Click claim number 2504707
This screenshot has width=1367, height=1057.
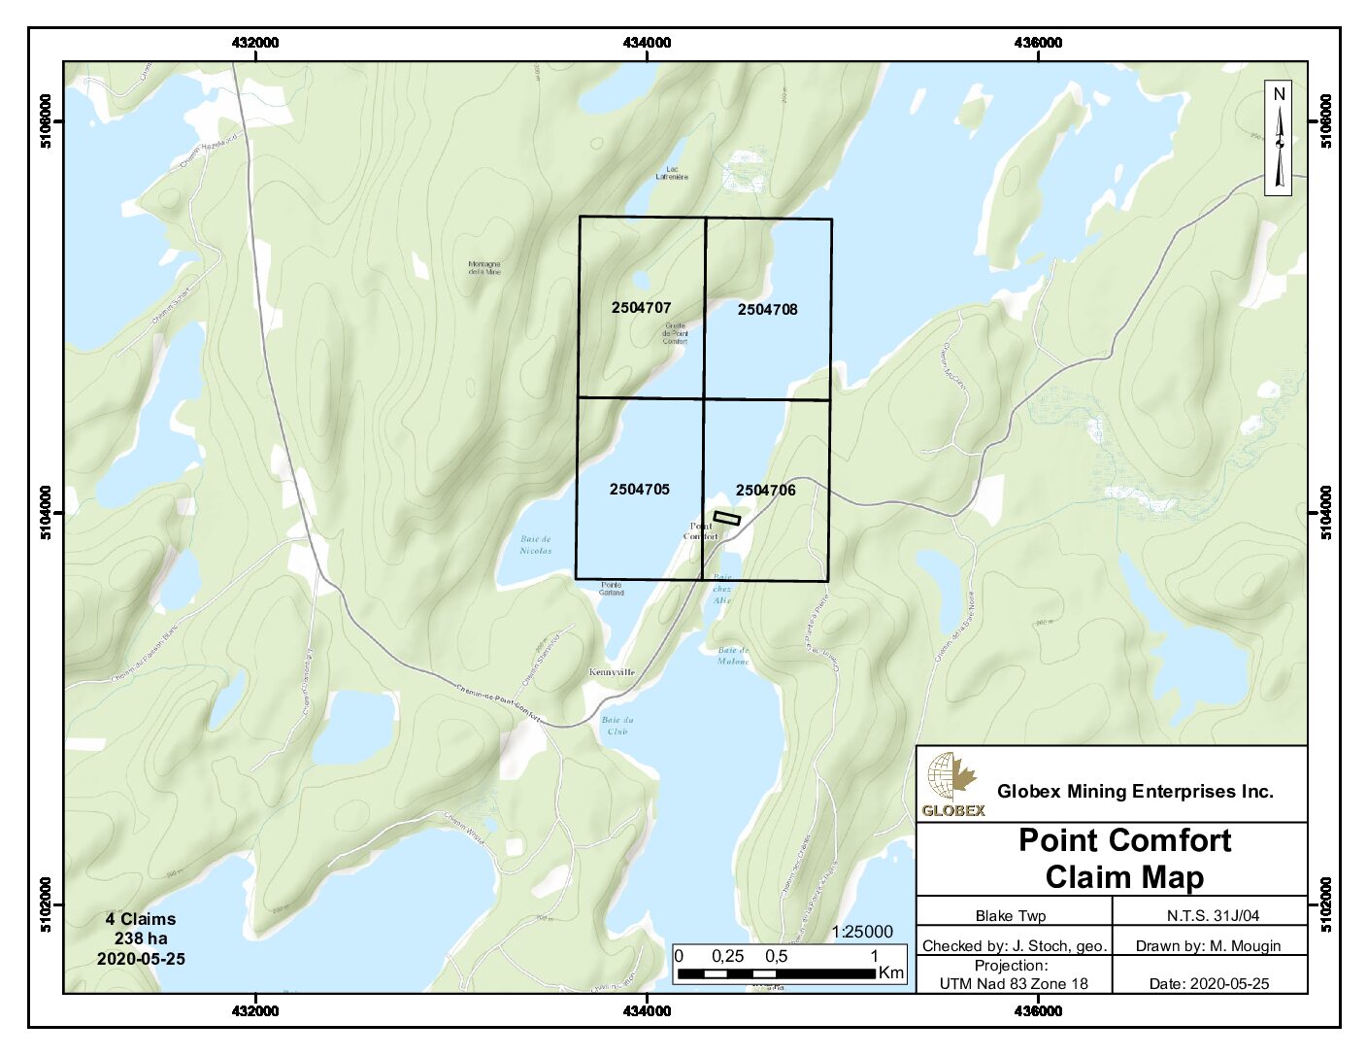(x=641, y=307)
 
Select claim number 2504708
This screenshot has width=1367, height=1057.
(x=767, y=309)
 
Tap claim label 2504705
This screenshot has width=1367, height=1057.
(x=639, y=489)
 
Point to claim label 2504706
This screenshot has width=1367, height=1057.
(x=765, y=490)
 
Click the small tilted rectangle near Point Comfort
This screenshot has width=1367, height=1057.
(x=726, y=518)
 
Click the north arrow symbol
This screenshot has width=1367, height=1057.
(x=1279, y=138)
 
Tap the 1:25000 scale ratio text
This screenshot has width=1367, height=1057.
(x=861, y=932)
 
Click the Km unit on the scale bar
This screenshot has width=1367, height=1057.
(x=890, y=972)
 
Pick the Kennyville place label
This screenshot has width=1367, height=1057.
(x=612, y=671)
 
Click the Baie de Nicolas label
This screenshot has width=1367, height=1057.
(x=535, y=544)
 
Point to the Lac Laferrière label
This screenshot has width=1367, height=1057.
(x=672, y=173)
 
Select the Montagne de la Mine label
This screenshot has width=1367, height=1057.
(x=484, y=267)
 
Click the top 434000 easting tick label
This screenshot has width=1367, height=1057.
(x=647, y=43)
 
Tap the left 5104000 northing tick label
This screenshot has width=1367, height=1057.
(x=47, y=513)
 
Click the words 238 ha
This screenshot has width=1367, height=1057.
(x=141, y=938)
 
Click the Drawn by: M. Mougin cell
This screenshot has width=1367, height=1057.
(x=1208, y=945)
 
